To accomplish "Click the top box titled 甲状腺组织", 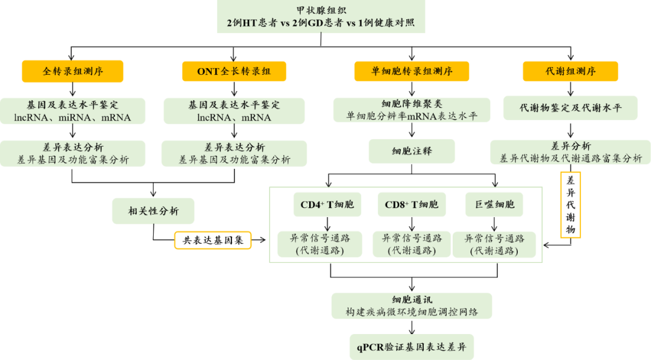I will tap(321, 17).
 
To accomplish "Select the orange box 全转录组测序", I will tap(73, 71).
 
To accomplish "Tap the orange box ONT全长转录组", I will tap(234, 72).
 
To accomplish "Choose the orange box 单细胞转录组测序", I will tap(412, 72).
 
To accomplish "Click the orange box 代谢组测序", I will tap(570, 72).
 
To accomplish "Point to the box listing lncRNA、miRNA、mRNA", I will tap(73, 111).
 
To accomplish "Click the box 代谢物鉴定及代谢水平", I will tap(570, 108).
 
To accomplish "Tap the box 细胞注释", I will tap(412, 151).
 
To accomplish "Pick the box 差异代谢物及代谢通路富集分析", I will tap(570, 152).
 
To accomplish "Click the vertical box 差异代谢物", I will tap(570, 205).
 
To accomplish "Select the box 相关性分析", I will tap(153, 211).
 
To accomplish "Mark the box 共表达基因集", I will tap(213, 241).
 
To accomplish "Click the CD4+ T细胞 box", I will tap(327, 205).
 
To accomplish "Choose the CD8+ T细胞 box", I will tap(412, 205).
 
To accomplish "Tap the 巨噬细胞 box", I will tap(494, 205).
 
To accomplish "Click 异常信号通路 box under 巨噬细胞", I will tap(494, 244).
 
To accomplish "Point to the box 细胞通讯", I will tap(412, 306).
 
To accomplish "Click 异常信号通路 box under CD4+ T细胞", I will tap(320, 244).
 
